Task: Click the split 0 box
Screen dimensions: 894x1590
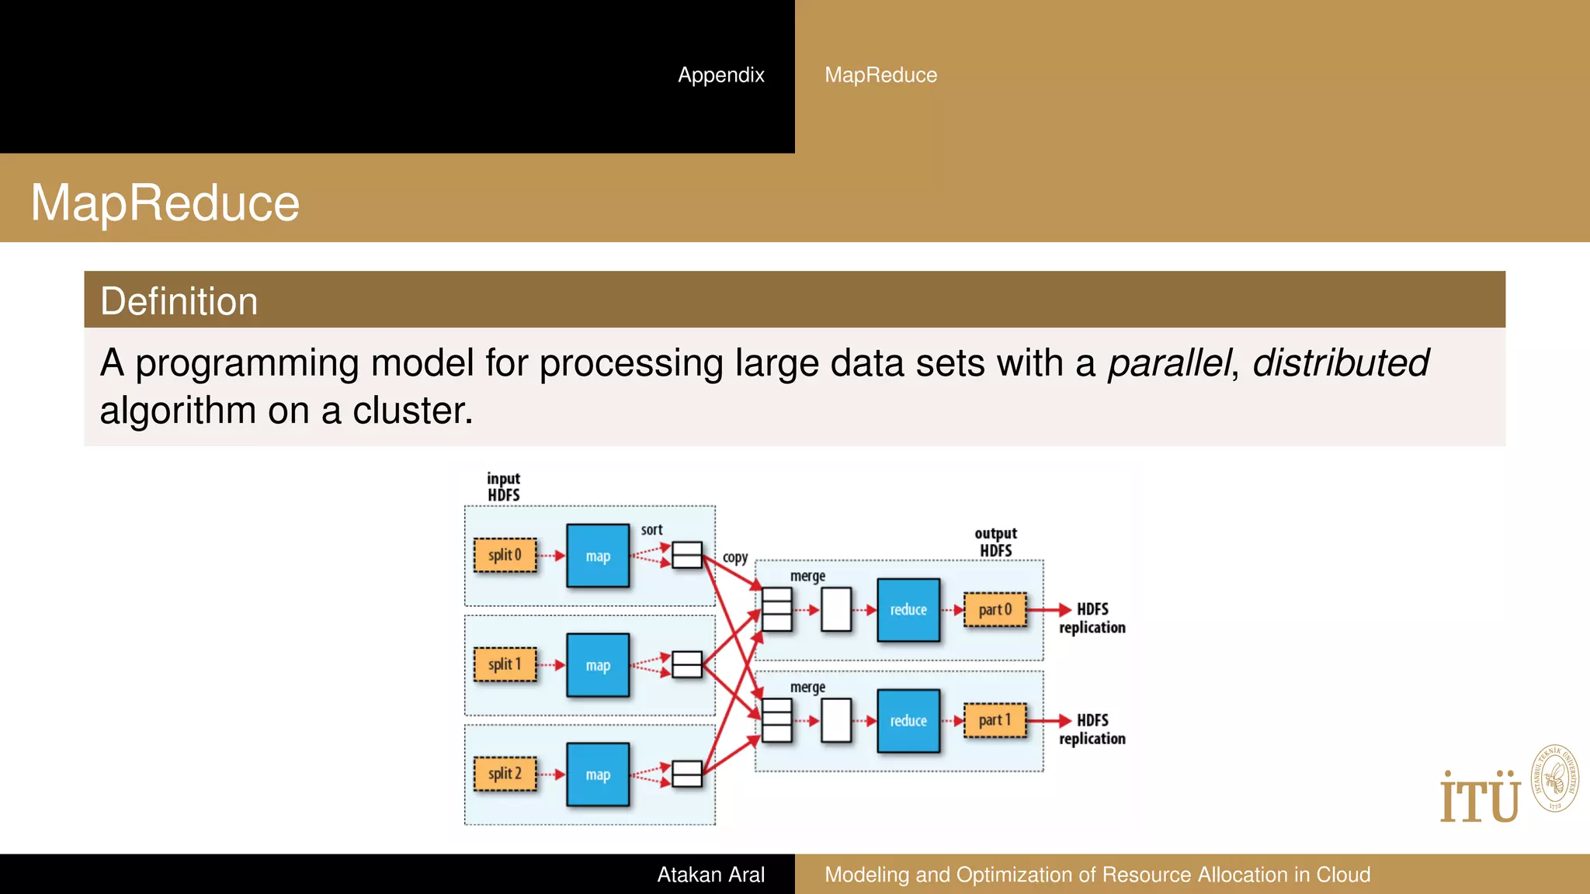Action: [x=505, y=555]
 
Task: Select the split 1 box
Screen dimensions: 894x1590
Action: [x=505, y=664]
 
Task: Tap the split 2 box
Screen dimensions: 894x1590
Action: [x=505, y=774]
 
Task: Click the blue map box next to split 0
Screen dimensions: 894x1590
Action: [x=598, y=556]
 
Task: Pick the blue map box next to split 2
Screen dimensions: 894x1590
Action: [x=598, y=774]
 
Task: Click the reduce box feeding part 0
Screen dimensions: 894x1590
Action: [x=908, y=610]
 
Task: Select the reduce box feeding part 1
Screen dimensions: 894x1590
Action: [x=908, y=721]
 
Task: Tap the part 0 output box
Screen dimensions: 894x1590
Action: [x=995, y=609]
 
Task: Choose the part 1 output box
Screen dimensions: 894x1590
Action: [x=995, y=720]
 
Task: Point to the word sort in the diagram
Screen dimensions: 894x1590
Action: [x=651, y=530]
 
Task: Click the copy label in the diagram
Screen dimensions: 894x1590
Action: [x=735, y=557]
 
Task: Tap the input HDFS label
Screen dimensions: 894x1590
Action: [x=503, y=487]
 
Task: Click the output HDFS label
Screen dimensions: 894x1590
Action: [x=995, y=542]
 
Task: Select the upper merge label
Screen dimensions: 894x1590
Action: [x=807, y=576]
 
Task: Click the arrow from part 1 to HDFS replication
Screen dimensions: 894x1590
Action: [x=1049, y=721]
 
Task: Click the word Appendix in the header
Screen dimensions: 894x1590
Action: [x=720, y=74]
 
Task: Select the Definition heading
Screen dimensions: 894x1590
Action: [x=179, y=301]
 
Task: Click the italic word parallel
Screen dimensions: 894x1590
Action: [x=1168, y=363]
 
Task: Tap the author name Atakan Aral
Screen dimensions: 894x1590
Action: [x=710, y=875]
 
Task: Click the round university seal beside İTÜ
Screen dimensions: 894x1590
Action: [x=1554, y=778]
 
